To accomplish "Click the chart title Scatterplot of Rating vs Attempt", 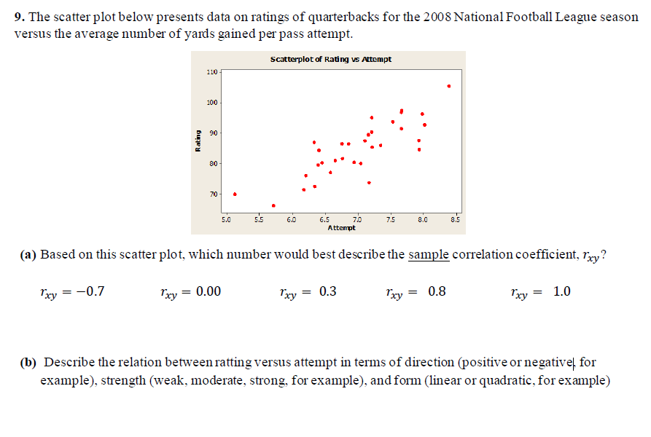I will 330,59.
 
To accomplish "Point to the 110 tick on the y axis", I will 212,72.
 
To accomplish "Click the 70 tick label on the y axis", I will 212,194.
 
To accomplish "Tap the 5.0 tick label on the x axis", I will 226,219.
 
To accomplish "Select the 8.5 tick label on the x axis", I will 456,219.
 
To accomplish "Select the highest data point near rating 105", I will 449,86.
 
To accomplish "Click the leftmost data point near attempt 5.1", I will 235,194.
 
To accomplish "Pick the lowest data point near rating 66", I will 273,205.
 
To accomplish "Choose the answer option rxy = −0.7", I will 72,292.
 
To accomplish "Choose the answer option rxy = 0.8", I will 416,292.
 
